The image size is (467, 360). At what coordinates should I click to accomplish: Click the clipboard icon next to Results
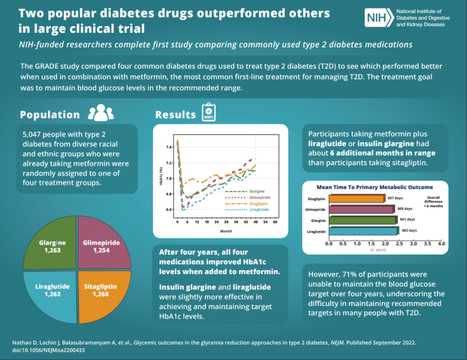click(x=209, y=112)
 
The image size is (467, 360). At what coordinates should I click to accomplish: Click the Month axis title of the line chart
click(x=226, y=231)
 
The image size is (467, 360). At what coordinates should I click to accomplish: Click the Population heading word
click(x=50, y=115)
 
